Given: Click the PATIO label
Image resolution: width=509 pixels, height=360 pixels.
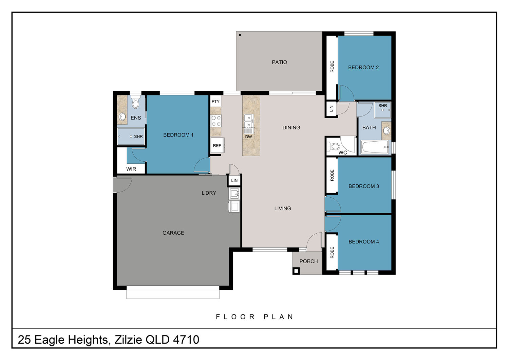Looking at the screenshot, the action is [x=280, y=62].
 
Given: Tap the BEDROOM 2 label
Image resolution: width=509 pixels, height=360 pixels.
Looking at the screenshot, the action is [x=363, y=67].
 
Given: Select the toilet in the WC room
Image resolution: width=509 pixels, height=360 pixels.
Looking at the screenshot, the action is [x=333, y=146].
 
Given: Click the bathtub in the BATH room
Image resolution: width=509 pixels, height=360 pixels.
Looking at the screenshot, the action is [x=375, y=147].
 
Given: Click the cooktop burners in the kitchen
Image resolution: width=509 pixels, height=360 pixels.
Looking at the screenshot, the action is [x=216, y=121].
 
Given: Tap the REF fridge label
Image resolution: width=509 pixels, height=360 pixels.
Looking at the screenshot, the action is [x=217, y=146].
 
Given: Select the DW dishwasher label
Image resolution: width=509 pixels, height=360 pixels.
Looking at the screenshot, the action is [x=248, y=137].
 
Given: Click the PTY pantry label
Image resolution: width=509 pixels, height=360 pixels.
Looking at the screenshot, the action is [x=215, y=102].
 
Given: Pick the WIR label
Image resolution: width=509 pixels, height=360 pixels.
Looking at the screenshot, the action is [x=131, y=169].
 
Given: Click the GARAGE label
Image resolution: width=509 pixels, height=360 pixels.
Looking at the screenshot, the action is [x=173, y=233].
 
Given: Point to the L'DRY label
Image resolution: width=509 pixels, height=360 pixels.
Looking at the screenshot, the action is [x=209, y=193].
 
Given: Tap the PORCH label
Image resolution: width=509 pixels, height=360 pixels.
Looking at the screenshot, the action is [x=308, y=261].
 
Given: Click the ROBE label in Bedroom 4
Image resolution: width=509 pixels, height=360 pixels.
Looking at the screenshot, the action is [x=332, y=253].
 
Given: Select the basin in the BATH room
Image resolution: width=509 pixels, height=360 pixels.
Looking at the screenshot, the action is [x=386, y=131].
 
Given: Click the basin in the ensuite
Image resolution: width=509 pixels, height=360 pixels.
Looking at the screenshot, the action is [x=122, y=117].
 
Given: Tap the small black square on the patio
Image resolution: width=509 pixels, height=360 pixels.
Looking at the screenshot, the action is [x=240, y=35].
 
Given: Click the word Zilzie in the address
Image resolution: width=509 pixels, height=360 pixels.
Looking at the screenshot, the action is [x=128, y=340].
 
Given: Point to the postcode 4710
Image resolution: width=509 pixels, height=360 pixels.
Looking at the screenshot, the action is [x=186, y=340].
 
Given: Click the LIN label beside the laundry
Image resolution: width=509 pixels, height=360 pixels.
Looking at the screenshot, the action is [x=234, y=181].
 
